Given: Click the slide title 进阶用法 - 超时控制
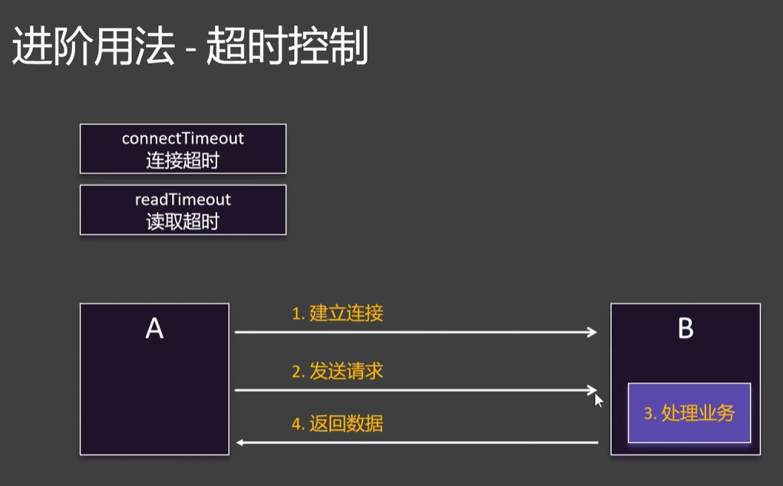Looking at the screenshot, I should [190, 48].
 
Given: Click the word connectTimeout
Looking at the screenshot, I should [183, 139].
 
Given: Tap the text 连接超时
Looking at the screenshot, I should [183, 161].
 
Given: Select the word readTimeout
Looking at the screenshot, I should [183, 200].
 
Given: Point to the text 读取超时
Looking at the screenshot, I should [183, 222].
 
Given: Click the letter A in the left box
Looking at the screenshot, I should [154, 329].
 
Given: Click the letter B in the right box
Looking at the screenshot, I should [686, 329].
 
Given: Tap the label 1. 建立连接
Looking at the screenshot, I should [337, 313].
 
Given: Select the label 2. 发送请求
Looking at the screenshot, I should [337, 372].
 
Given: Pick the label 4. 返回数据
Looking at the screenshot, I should [337, 423].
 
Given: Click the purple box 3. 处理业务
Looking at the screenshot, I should [689, 413].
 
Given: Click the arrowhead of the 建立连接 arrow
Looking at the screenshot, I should [592, 332].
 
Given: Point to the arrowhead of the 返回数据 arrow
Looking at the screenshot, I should [240, 442].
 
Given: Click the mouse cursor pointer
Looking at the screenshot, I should [598, 398].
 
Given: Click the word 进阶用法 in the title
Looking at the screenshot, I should [93, 48].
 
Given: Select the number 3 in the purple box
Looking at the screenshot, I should [648, 414].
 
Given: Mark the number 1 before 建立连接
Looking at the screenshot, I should [296, 314].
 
